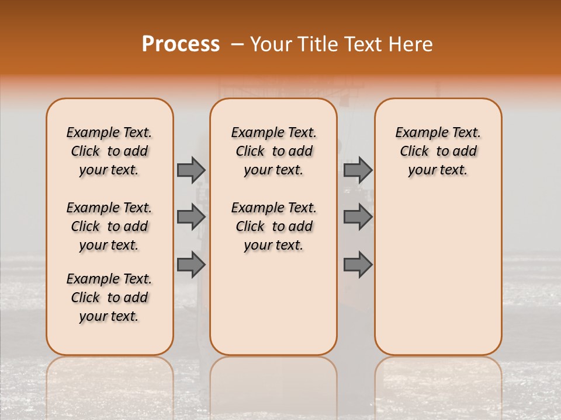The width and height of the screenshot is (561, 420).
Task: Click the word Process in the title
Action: [x=181, y=44]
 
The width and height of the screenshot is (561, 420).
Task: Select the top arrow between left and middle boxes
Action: [x=191, y=170]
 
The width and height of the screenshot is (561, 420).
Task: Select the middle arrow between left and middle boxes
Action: [x=191, y=217]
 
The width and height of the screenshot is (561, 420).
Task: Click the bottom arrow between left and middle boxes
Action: [x=191, y=264]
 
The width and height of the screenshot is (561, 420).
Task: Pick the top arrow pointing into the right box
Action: [x=358, y=170]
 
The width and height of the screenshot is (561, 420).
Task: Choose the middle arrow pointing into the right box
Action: [x=358, y=217]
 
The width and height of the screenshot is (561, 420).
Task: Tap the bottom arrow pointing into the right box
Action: [x=358, y=264]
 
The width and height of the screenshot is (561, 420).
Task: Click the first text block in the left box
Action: [x=109, y=151]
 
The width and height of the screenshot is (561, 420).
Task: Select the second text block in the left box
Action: [x=109, y=226]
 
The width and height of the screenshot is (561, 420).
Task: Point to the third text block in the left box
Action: [x=109, y=297]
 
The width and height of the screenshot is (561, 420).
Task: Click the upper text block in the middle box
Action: [x=273, y=151]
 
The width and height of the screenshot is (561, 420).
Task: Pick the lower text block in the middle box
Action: [x=273, y=226]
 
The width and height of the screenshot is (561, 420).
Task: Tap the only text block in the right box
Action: [x=438, y=151]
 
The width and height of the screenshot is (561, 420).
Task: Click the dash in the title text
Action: [x=237, y=44]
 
